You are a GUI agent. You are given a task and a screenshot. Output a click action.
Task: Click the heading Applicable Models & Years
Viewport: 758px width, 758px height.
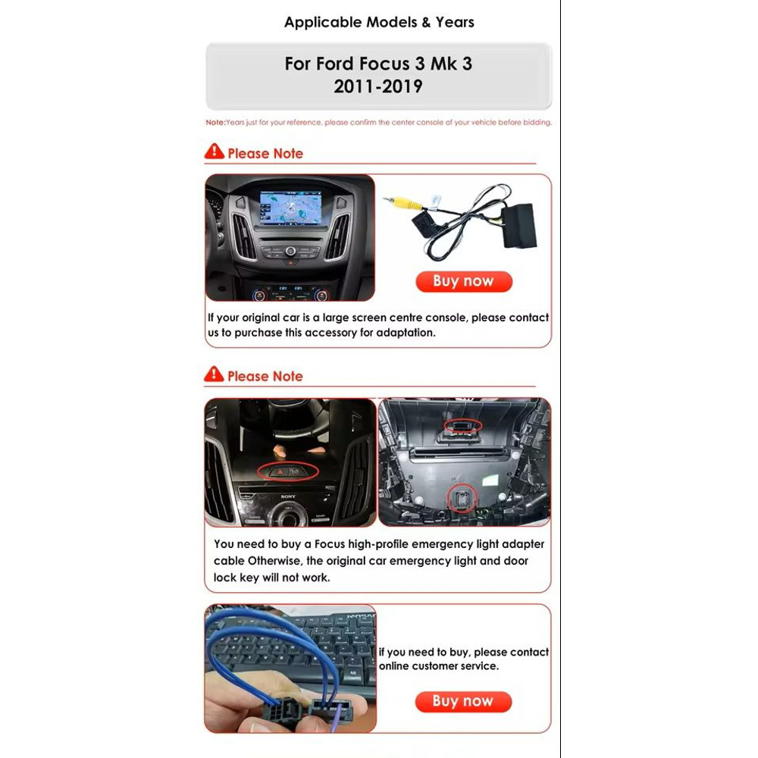pyautogui.click(x=379, y=22)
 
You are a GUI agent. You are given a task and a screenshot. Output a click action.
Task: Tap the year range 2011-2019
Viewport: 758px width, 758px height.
pyautogui.click(x=378, y=86)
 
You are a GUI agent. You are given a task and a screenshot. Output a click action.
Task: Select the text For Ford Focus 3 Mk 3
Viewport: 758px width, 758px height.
pyautogui.click(x=378, y=64)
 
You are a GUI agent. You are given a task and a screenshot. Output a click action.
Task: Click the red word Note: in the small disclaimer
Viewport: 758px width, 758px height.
pyautogui.click(x=215, y=122)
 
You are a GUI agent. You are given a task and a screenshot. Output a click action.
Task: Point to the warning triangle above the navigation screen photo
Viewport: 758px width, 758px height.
pyautogui.click(x=215, y=152)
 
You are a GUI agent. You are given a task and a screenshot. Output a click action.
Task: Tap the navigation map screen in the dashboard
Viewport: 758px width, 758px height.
pyautogui.click(x=290, y=208)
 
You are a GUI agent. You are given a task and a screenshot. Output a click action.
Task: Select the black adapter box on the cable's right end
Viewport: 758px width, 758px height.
pyautogui.click(x=516, y=226)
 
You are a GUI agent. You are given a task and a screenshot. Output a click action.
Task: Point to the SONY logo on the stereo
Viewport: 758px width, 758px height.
pyautogui.click(x=288, y=496)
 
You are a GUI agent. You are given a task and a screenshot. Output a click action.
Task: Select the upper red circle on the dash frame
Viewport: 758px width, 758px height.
pyautogui.click(x=462, y=426)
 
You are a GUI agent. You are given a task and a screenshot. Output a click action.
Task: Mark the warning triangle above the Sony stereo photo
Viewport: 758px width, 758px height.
pyautogui.click(x=215, y=374)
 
